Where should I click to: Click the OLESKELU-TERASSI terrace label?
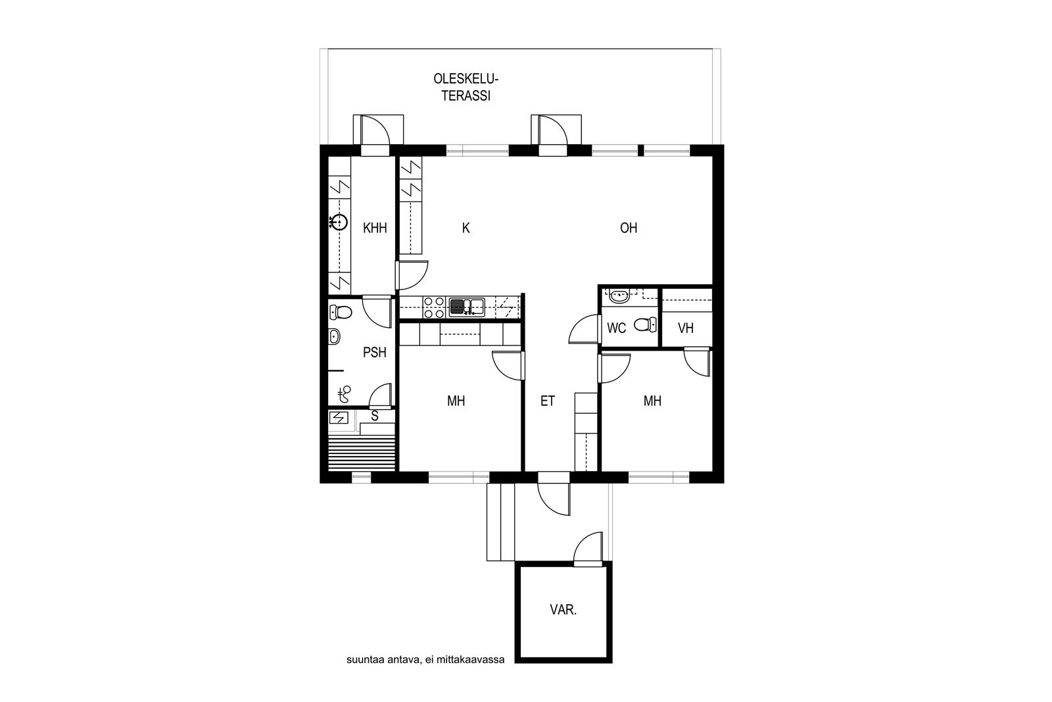466,87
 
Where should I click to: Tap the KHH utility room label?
375,228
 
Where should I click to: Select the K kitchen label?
466,228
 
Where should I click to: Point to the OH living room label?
629,228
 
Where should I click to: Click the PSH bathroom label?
375,353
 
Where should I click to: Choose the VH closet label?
686,328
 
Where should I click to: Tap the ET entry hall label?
548,401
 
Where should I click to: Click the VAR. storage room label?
563,610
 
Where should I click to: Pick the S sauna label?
375,416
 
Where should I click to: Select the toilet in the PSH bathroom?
341,312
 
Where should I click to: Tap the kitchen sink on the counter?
467,307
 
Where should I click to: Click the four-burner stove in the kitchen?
434,307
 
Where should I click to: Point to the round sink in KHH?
339,221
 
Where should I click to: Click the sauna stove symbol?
338,417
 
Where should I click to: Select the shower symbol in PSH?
345,395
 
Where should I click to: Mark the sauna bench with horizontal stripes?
362,453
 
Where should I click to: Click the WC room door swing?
585,329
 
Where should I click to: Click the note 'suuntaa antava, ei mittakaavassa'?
425,660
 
